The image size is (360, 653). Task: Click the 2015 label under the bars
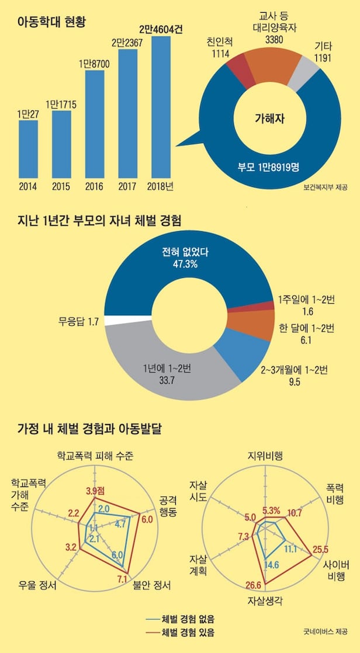pyautogui.click(x=61, y=187)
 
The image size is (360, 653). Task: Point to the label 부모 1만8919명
pyautogui.click(x=269, y=167)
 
